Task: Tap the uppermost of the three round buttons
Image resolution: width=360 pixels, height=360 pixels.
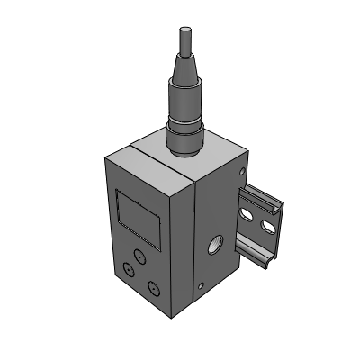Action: coord(138,256)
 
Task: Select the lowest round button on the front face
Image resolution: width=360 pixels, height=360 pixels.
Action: coord(153,288)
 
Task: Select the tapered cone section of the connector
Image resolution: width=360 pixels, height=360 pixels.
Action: coord(183,72)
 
